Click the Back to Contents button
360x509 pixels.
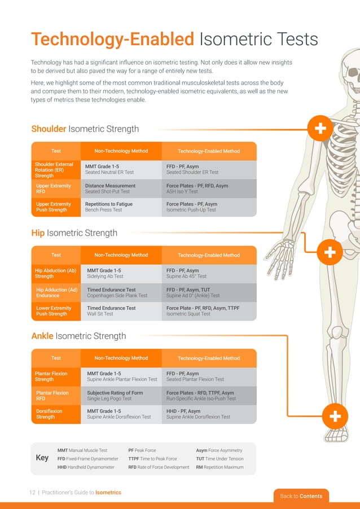tap(301, 496)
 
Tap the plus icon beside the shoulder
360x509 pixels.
tap(320, 129)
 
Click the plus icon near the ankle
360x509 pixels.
tap(334, 417)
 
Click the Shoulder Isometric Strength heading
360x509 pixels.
tap(85, 129)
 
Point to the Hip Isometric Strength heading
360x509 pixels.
tap(74, 233)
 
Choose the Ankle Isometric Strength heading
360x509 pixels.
tap(78, 336)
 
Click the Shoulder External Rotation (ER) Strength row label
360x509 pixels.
tap(55, 170)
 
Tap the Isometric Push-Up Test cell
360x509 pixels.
tap(191, 210)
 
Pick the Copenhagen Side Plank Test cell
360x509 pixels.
tap(117, 295)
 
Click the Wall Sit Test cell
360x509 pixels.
tap(100, 314)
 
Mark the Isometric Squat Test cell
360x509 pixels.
tap(188, 314)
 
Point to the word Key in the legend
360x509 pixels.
tap(42, 458)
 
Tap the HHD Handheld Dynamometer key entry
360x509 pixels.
tap(86, 467)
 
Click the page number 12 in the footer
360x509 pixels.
tap(32, 493)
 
